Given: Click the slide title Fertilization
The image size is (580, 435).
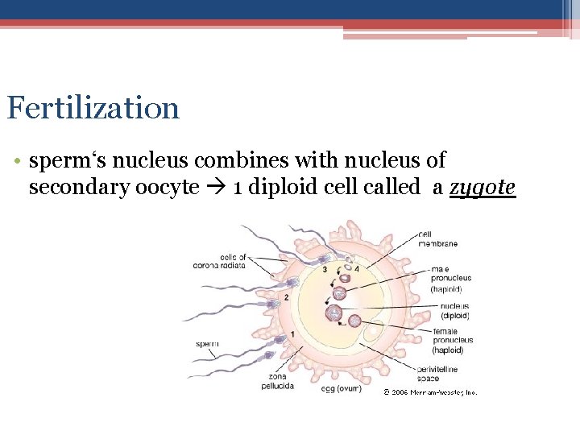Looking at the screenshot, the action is point(93,108).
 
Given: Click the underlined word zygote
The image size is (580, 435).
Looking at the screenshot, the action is point(482,188).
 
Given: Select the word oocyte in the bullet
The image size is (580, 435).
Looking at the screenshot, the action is point(170,188).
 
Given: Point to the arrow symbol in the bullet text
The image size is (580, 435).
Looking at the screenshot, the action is point(217,188).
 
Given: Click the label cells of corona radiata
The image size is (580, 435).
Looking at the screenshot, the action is point(219,261).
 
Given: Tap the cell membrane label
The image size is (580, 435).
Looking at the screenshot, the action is point(437,239).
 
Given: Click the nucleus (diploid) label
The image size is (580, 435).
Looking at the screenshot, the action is point(454,311).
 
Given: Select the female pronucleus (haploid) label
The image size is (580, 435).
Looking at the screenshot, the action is point(452,340).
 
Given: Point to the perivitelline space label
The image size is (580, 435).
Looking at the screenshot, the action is point(437,373).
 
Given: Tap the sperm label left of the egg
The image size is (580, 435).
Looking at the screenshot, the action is point(207,344).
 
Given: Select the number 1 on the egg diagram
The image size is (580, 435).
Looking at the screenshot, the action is point(292,333).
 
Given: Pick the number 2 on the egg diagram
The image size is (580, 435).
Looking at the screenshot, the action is point(286,297).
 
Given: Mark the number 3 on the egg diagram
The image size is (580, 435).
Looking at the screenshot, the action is point(325,269).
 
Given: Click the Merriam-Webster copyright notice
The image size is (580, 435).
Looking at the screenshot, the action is point(430,392).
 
